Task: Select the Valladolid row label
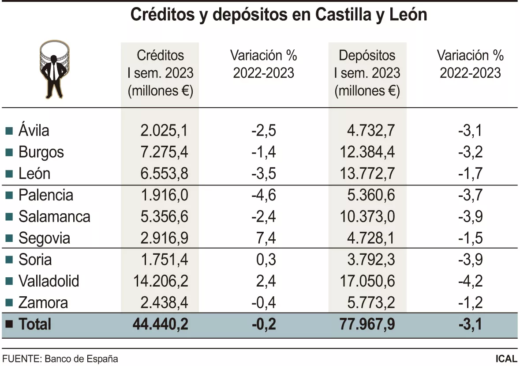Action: coord(49,281)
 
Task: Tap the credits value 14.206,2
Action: coord(161,281)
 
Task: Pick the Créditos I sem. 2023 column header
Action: coord(160,73)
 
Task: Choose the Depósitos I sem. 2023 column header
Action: coord(367,73)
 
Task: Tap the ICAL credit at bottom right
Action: coord(506,358)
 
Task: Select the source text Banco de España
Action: coord(81,358)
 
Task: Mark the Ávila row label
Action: coord(34,131)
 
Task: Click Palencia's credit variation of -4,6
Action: coord(264,195)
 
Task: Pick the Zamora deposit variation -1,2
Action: coord(471,302)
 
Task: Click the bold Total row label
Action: coord(35,324)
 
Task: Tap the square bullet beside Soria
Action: coord(9,260)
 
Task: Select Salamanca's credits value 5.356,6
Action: coord(164,217)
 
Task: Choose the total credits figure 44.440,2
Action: coord(161,324)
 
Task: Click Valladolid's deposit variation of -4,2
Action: coord(471,281)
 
